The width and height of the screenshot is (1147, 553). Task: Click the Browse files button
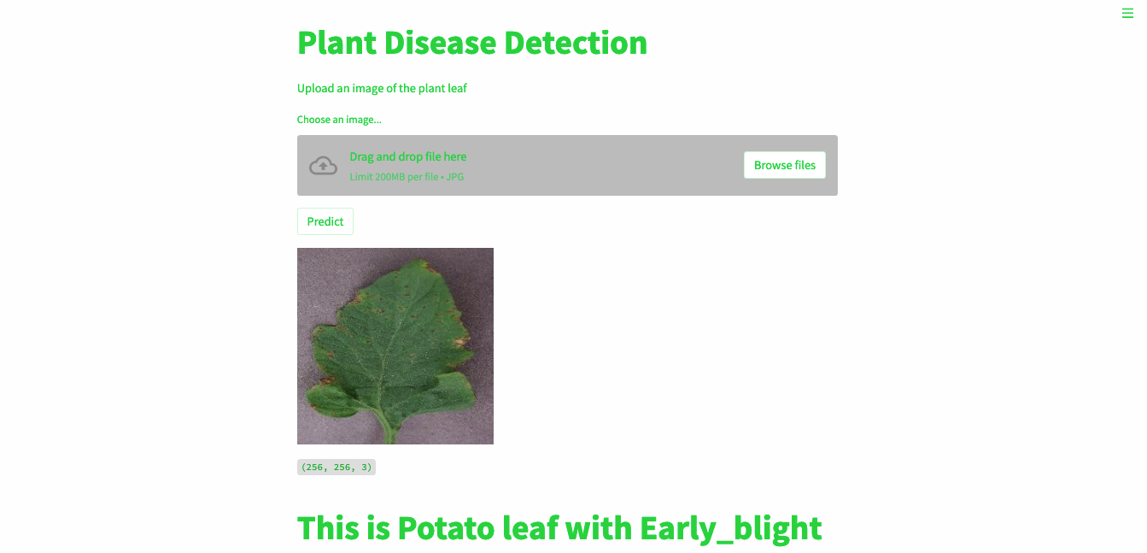tap(784, 165)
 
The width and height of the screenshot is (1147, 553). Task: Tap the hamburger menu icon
tap(1127, 14)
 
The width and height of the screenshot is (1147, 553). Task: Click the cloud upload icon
tap(323, 165)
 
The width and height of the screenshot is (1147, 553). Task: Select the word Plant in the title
tap(336, 43)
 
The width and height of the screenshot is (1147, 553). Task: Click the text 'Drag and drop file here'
tap(407, 156)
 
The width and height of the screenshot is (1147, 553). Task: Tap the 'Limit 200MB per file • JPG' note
tap(407, 177)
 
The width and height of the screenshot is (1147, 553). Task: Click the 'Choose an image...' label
tap(339, 120)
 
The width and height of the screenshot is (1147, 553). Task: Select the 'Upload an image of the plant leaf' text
tap(382, 88)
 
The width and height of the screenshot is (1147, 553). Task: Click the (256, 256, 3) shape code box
tap(336, 468)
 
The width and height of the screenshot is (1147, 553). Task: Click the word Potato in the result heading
tap(446, 529)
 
